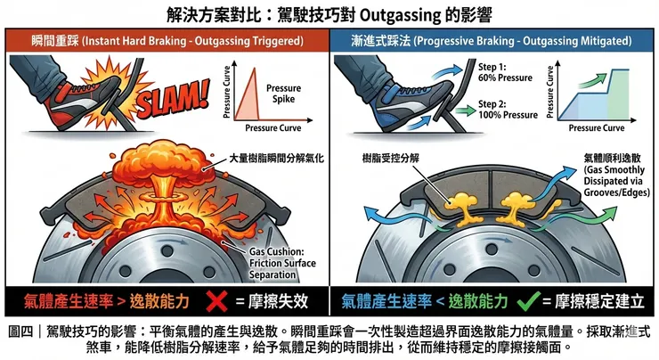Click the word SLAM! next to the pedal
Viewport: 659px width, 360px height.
[173, 99]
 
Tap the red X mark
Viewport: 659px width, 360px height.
[217, 301]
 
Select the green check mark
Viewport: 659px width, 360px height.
[528, 300]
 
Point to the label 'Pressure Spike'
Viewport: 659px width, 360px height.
[284, 94]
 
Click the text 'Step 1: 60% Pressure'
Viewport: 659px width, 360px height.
[505, 72]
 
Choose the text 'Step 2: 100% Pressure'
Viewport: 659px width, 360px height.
[508, 110]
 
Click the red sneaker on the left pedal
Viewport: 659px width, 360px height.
[83, 102]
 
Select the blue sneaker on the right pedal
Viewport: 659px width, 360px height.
[410, 103]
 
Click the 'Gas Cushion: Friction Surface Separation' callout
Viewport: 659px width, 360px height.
[282, 263]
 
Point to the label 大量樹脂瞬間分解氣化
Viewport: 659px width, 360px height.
[276, 158]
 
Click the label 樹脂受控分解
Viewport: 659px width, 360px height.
[391, 158]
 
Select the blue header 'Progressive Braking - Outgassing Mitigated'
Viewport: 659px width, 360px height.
[523, 41]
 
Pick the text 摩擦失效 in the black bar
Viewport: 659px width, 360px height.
[278, 301]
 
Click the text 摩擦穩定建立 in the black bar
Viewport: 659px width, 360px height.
[599, 301]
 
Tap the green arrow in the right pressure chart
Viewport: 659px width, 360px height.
[593, 81]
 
